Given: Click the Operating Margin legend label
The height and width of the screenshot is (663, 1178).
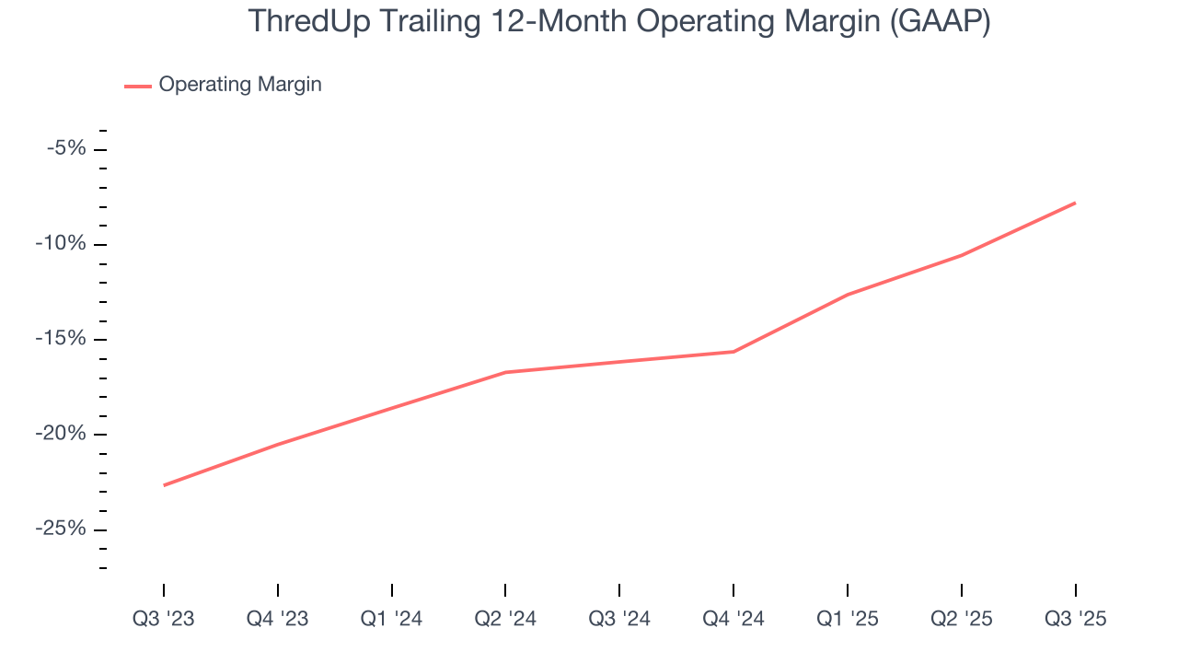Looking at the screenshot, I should (x=240, y=85).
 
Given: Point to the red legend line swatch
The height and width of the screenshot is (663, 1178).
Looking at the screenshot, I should (x=138, y=86).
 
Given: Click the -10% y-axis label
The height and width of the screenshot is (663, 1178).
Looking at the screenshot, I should (x=61, y=244).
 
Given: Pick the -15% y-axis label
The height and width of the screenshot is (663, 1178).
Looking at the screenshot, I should (x=61, y=339).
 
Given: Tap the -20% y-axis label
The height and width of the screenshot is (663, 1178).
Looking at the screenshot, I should (x=61, y=434).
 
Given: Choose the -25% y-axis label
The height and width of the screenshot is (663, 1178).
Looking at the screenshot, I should (x=61, y=529).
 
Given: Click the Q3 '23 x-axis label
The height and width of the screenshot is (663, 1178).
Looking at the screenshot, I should (x=164, y=619).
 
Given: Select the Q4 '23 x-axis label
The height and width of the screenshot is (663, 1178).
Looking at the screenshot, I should (x=278, y=619).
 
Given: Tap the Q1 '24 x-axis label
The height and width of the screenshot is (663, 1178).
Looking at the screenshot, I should (x=392, y=619).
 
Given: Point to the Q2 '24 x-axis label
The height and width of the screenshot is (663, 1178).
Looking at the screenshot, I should (x=505, y=619).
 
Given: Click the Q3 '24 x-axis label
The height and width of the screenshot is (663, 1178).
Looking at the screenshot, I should (x=619, y=619).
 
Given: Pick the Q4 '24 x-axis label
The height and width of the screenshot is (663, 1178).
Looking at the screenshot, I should (x=733, y=619).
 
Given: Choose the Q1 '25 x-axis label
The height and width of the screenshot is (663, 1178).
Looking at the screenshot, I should (x=848, y=619).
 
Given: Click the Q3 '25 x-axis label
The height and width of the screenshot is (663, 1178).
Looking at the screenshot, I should (x=1075, y=619).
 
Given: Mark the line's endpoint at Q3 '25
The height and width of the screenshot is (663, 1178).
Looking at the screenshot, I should (x=1075, y=203).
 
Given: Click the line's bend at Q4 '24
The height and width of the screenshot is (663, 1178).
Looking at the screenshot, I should (x=733, y=352).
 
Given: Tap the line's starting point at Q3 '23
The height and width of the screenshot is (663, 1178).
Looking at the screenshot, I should (x=164, y=485).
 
